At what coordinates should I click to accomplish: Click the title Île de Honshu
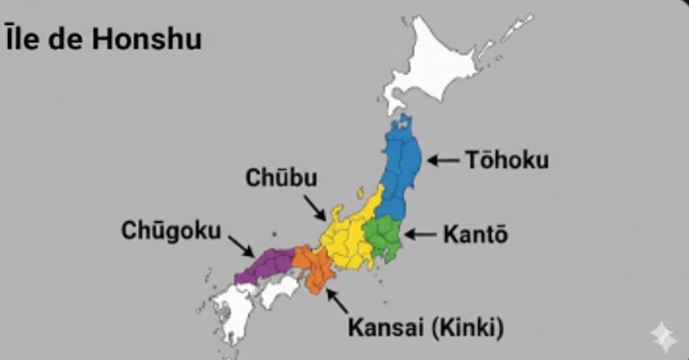pos(102,39)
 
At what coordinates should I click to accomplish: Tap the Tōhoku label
pos(507,160)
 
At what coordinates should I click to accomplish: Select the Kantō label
pos(475,235)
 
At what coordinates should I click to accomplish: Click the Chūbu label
pos(281,178)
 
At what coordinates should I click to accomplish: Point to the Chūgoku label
pos(171,231)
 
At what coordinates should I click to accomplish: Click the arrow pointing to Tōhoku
pos(443,160)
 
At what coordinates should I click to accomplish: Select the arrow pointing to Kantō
pos(420,234)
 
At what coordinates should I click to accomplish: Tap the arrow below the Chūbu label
pos(314,207)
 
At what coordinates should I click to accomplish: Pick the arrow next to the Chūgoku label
pos(241,246)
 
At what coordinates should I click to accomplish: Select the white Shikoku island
pos(279,291)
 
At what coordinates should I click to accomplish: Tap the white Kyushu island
pos(232,313)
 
